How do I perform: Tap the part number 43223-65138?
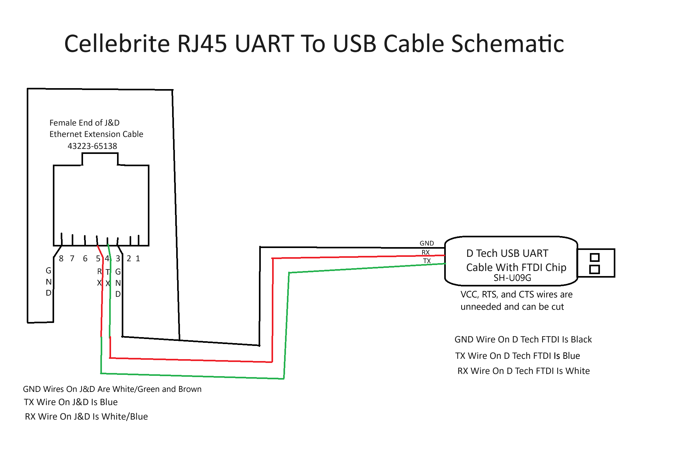92,146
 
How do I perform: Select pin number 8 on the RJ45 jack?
61,259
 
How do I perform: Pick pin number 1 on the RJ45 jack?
138,259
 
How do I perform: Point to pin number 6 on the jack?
85,259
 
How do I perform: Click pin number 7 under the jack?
72,259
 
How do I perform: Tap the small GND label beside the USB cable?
427,243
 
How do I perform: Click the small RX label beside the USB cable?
426,252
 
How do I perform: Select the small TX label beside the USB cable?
427,261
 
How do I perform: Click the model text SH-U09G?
512,278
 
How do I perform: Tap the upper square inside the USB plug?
595,257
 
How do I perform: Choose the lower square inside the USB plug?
595,269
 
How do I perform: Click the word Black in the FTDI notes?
581,340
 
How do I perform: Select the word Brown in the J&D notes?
190,389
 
